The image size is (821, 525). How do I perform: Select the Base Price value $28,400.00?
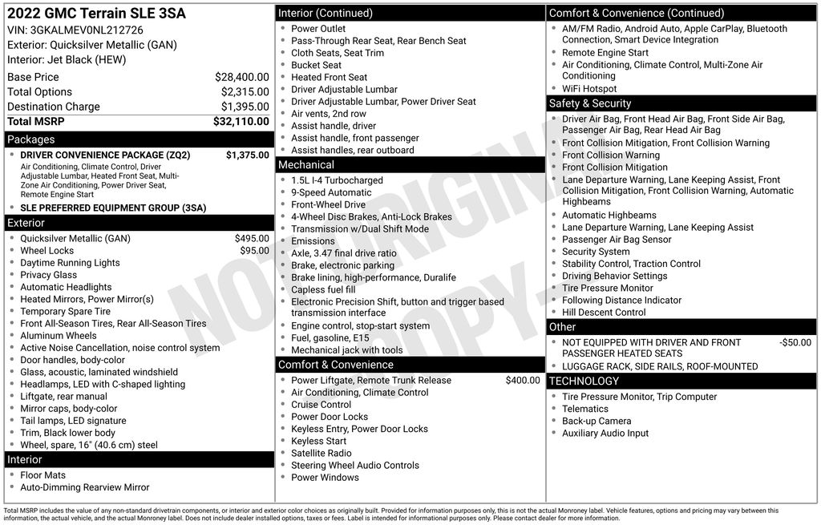(x=241, y=77)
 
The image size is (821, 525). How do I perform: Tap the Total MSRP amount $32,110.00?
(x=241, y=121)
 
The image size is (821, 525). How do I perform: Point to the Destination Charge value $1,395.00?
(x=245, y=107)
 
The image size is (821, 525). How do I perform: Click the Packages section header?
(x=31, y=139)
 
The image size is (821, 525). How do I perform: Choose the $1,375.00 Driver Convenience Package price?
(x=248, y=155)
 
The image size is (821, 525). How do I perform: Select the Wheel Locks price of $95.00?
(x=254, y=250)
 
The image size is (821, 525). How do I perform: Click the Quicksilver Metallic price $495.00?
(x=252, y=238)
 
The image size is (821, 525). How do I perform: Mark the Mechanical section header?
(x=306, y=165)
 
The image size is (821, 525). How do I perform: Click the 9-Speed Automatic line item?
(x=331, y=192)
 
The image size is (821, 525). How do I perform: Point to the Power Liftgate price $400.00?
(x=523, y=380)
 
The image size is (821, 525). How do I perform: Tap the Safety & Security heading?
(x=590, y=103)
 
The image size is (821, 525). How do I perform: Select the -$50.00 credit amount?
(x=795, y=342)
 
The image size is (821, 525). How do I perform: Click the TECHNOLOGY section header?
(x=584, y=381)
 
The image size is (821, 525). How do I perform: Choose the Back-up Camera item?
(x=597, y=421)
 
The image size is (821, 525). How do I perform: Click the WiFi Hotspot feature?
(x=589, y=89)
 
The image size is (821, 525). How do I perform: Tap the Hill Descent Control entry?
(x=604, y=312)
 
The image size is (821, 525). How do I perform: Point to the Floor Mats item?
(x=43, y=475)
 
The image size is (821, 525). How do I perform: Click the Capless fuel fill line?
(x=323, y=289)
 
